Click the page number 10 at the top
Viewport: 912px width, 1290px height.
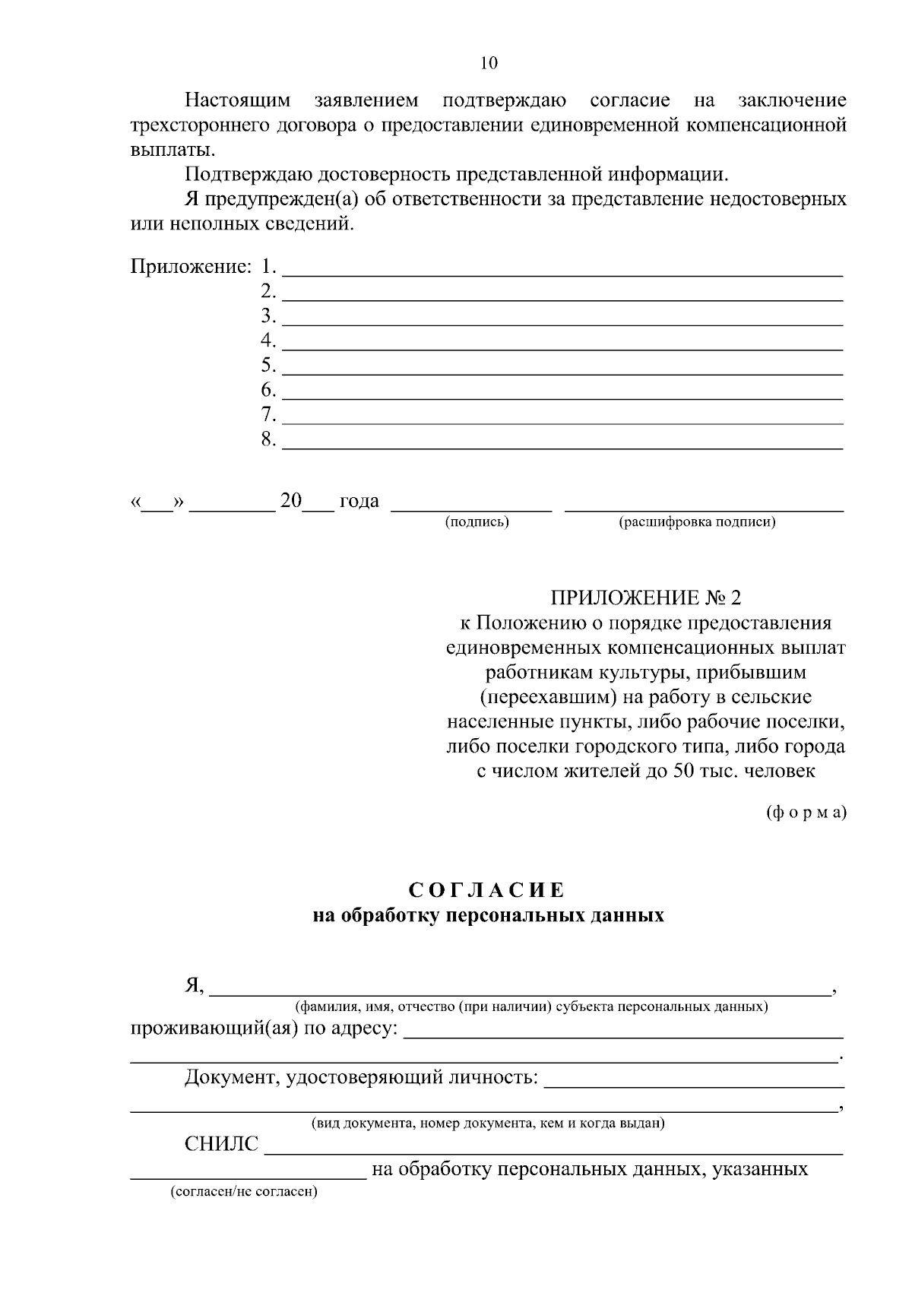pos(489,63)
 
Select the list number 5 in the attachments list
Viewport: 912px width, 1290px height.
pos(268,366)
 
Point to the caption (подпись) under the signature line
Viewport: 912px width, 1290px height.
pos(477,522)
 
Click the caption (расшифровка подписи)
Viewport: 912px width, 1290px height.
pos(697,522)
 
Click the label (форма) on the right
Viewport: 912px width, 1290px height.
pos(806,812)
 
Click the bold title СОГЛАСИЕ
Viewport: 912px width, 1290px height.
pos(488,890)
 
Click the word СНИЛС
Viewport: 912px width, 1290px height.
pos(221,1144)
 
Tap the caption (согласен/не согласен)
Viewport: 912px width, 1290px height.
pos(244,1191)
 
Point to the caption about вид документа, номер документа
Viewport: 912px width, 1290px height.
pos(488,1123)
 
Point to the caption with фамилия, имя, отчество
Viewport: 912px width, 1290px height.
pos(531,1007)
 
